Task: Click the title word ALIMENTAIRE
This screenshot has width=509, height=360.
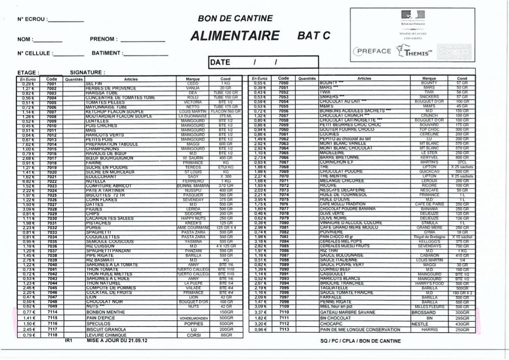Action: [x=235, y=36]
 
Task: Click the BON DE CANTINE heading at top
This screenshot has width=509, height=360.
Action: [x=235, y=18]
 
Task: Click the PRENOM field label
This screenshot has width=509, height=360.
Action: [x=103, y=39]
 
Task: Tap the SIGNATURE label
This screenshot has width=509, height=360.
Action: [x=87, y=73]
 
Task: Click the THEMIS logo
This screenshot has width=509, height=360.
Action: [x=414, y=51]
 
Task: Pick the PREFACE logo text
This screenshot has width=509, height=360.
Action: [x=374, y=51]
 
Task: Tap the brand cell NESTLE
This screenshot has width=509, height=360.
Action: [x=420, y=324]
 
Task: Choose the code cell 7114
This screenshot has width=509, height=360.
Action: [x=52, y=312]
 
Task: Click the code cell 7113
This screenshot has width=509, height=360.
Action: [x=284, y=329]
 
